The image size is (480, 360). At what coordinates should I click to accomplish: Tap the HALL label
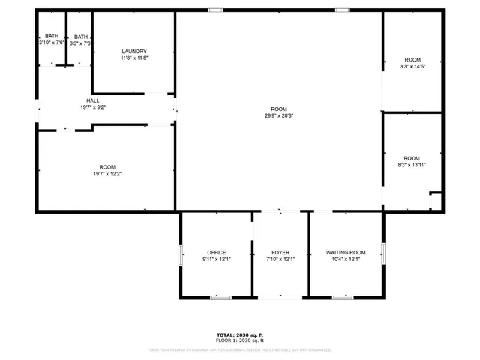pyautogui.click(x=93, y=100)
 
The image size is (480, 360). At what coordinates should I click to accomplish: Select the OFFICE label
pyautogui.click(x=217, y=252)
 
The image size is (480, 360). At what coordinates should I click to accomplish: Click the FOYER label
pyautogui.click(x=280, y=252)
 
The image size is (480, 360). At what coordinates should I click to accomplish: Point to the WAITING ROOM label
pyautogui.click(x=346, y=252)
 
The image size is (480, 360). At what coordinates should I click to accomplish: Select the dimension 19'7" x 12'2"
pyautogui.click(x=108, y=174)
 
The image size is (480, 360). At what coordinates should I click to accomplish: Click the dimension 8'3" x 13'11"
pyautogui.click(x=412, y=165)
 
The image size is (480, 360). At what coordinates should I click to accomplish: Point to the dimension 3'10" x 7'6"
pyautogui.click(x=52, y=43)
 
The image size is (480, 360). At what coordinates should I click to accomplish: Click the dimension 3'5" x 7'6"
pyautogui.click(x=80, y=43)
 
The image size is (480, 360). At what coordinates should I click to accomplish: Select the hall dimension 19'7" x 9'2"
pyautogui.click(x=93, y=107)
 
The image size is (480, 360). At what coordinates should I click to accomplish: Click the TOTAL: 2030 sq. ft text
pyautogui.click(x=239, y=335)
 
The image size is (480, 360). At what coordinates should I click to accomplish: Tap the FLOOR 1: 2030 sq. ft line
pyautogui.click(x=239, y=341)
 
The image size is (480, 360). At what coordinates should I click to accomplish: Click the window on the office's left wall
pyautogui.click(x=180, y=255)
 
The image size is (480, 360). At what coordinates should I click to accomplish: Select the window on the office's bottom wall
pyautogui.click(x=220, y=298)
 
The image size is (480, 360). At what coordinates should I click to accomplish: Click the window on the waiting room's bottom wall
pyautogui.click(x=343, y=298)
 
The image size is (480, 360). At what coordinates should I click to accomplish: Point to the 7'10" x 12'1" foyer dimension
pyautogui.click(x=280, y=259)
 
